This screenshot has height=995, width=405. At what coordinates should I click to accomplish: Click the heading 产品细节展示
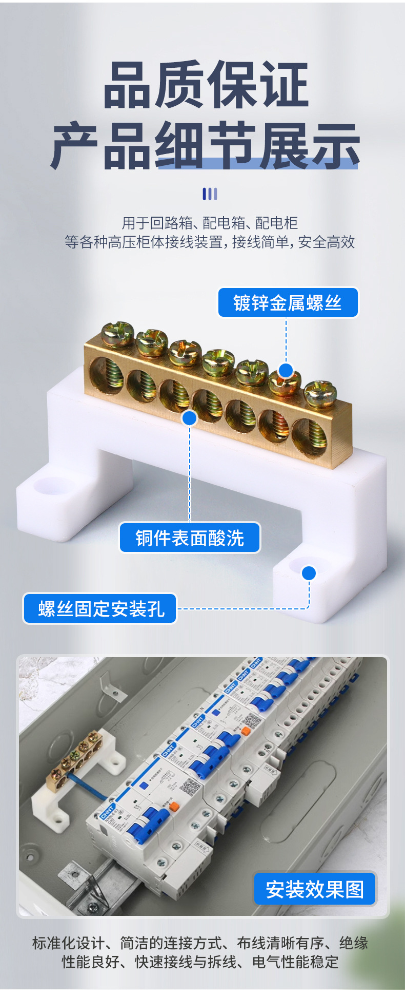(x=205, y=146)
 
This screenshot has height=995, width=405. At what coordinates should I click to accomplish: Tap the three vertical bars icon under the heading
(x=210, y=194)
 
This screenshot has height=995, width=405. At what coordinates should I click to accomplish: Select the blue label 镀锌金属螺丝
(x=288, y=302)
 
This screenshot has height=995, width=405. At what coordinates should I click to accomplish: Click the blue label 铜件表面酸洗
(x=190, y=538)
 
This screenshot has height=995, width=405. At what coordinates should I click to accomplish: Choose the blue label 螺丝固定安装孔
(x=100, y=608)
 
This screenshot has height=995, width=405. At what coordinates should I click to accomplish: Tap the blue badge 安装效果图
(x=315, y=889)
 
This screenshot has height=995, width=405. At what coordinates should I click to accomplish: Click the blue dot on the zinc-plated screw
(x=286, y=370)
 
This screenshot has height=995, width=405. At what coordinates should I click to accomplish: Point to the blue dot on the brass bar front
(x=190, y=418)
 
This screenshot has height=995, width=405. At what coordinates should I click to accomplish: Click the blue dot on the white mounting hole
(x=309, y=573)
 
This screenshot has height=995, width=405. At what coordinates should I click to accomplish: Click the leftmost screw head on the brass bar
(x=117, y=334)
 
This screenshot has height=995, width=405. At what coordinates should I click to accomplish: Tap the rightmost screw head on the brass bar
(x=320, y=393)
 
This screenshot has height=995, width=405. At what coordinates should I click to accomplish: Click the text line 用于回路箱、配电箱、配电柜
(x=210, y=223)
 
